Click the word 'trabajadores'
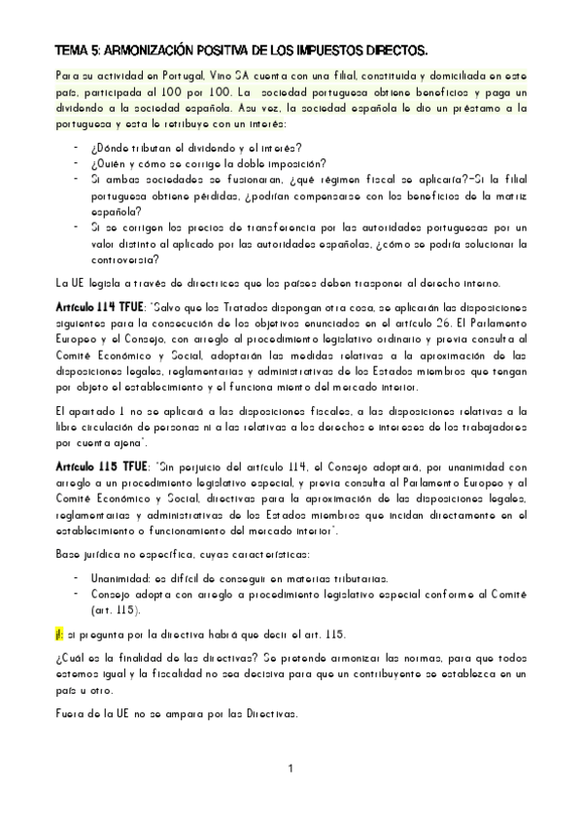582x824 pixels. (483, 427)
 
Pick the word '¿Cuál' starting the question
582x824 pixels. (70, 658)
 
